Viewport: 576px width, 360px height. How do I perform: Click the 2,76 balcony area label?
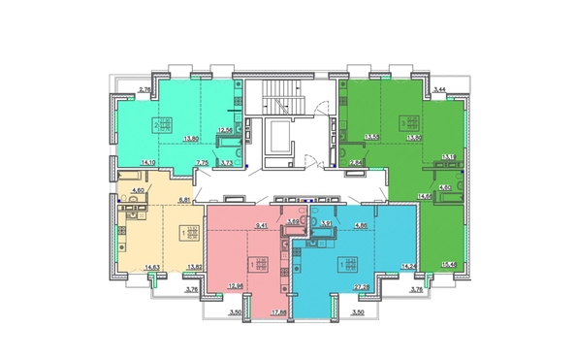click(145, 90)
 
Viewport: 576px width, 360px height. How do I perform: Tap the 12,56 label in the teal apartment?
click(226, 130)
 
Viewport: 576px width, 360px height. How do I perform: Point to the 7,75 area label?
click(202, 163)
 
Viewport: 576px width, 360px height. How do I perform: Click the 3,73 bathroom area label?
click(227, 163)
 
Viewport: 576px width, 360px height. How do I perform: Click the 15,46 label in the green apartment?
click(447, 266)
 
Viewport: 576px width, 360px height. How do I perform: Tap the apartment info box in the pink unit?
click(257, 265)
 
